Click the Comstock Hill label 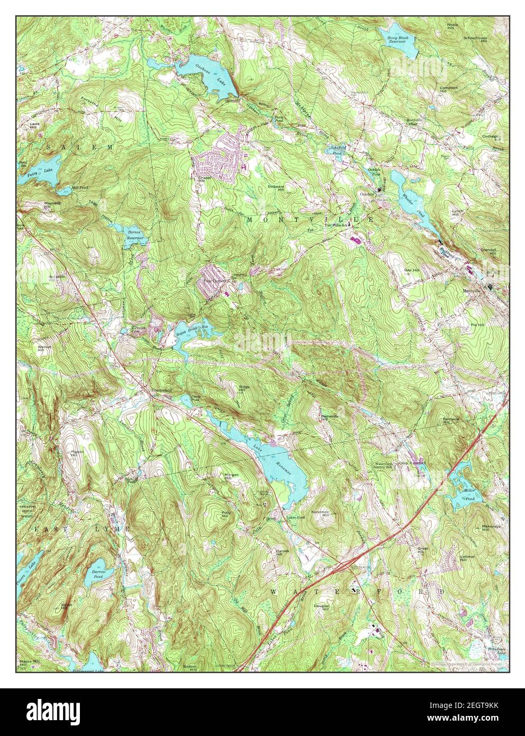coord(447,89)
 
